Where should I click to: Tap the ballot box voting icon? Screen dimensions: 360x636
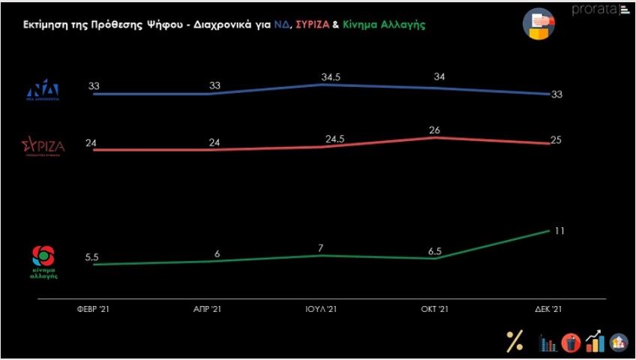538,23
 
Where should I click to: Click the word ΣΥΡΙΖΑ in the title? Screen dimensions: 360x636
318,25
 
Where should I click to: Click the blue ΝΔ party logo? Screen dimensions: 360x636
43,90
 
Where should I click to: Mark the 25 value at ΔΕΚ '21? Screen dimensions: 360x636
556,140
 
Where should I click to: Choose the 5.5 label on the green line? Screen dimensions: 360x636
91,257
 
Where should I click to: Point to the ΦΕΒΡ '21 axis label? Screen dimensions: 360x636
93,310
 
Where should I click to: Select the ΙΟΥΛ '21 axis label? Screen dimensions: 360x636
322,310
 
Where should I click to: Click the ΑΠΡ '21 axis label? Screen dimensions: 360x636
208,310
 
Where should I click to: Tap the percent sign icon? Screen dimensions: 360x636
514,341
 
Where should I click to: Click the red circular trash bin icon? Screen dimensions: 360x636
571,343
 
